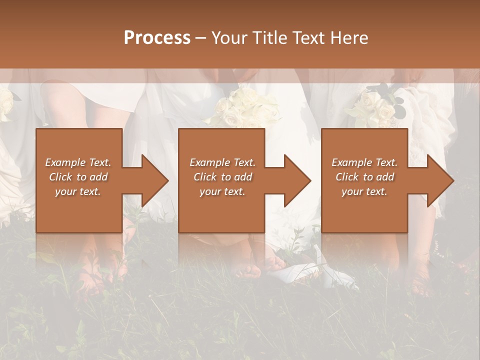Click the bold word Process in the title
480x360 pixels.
point(157,38)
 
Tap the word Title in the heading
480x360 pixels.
point(270,38)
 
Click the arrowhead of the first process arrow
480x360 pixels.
point(154,180)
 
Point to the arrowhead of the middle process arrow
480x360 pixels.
point(297,180)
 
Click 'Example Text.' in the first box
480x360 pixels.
point(78,162)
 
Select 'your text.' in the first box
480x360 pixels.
point(78,191)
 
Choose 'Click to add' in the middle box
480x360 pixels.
point(223,177)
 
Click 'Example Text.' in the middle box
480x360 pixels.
point(222,162)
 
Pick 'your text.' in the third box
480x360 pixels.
point(364,191)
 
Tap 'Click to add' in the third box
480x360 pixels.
point(365,177)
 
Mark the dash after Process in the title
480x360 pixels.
point(201,38)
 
